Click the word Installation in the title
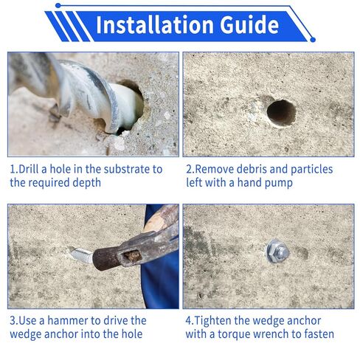point(154,24)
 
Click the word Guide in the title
point(249,24)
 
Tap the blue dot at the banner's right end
point(313,39)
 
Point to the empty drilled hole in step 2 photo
point(281,113)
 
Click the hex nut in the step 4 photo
point(278,252)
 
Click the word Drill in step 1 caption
point(29,169)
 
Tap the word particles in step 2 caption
point(311,169)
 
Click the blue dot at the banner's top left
point(58,5)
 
